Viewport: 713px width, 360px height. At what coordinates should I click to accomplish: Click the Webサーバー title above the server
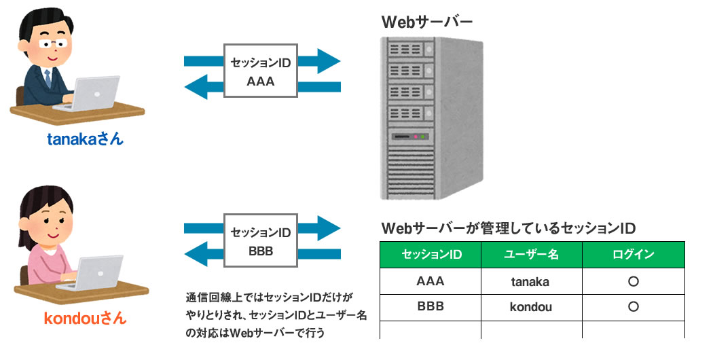[427, 22]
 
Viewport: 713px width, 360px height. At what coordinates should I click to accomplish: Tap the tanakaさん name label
[85, 140]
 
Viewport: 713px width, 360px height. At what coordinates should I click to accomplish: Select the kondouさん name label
[85, 318]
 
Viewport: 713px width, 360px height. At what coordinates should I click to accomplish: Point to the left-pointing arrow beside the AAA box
[204, 86]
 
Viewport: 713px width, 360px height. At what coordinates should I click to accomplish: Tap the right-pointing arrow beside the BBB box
[319, 228]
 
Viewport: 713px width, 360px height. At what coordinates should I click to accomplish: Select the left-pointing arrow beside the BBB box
[204, 255]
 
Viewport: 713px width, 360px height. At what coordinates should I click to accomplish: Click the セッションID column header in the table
[431, 255]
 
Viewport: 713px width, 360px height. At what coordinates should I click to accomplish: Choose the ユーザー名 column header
[531, 255]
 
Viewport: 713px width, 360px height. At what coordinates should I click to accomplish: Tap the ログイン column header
[633, 255]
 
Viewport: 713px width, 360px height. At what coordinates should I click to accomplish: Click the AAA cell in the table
[431, 281]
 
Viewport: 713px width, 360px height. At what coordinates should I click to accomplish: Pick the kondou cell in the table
[531, 306]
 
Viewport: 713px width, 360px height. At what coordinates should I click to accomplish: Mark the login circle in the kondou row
[633, 306]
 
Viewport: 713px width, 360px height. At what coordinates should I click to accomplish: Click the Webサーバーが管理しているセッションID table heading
[509, 228]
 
